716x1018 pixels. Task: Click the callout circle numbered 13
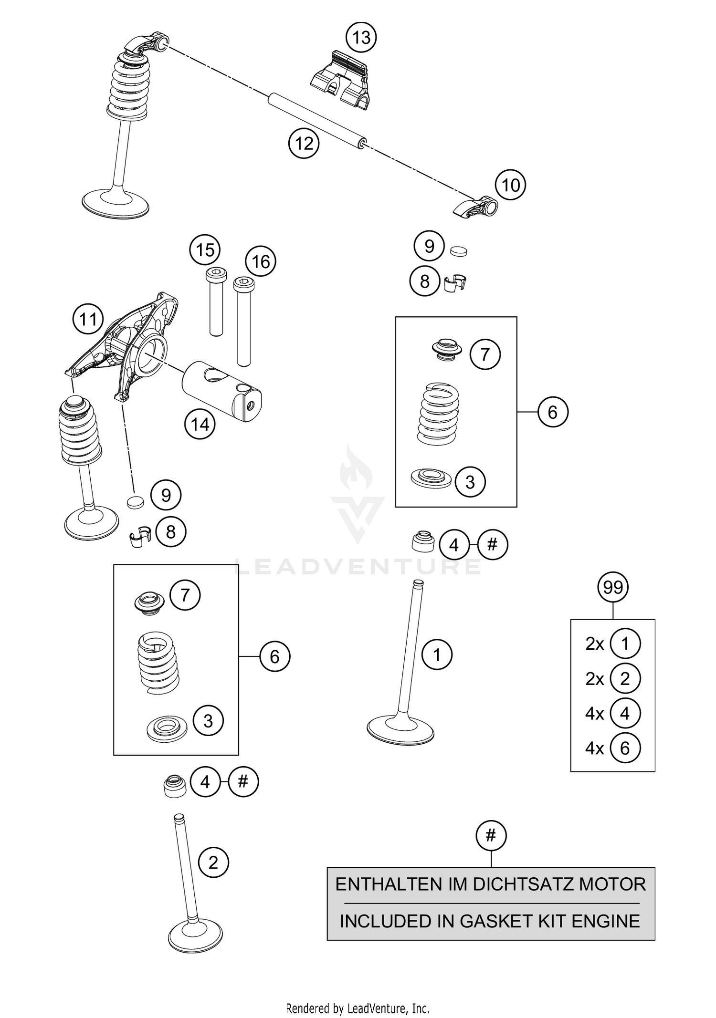pos(361,37)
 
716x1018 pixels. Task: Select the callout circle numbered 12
pos(304,143)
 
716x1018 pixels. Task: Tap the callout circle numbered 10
pos(510,185)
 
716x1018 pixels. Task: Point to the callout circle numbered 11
pos(88,319)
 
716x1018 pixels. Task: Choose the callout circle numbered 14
pos(200,424)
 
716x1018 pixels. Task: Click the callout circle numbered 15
pos(205,250)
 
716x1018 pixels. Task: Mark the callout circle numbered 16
pos(261,261)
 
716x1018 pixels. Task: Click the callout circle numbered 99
pos(613,587)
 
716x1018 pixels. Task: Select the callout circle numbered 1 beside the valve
pos(437,654)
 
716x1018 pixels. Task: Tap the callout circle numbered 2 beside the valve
pos(213,862)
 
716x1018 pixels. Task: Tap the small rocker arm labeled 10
pos(475,208)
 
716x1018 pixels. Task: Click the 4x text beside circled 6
pos(595,748)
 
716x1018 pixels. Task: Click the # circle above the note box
pos(491,835)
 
